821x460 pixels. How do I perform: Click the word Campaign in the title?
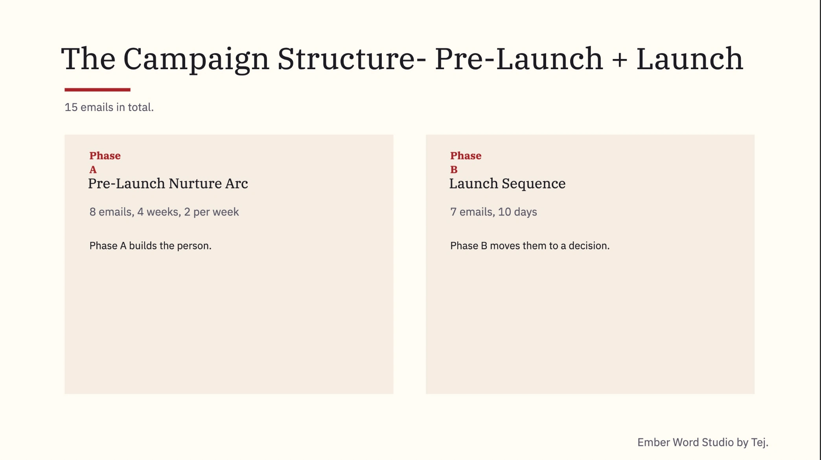click(x=196, y=59)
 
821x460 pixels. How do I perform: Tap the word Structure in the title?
click(x=346, y=59)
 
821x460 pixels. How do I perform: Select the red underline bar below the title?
click(x=98, y=90)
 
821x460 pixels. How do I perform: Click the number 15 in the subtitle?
click(x=71, y=107)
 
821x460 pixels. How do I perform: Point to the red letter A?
click(x=93, y=169)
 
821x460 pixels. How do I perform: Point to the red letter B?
click(x=454, y=169)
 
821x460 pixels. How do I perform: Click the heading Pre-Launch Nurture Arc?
click(x=168, y=184)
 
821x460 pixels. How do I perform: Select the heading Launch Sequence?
click(x=507, y=184)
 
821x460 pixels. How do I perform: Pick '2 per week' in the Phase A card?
click(x=211, y=212)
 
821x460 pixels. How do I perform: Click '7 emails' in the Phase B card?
click(x=471, y=212)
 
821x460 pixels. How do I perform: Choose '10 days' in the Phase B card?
click(x=517, y=212)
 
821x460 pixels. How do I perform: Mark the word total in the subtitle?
click(x=139, y=107)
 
